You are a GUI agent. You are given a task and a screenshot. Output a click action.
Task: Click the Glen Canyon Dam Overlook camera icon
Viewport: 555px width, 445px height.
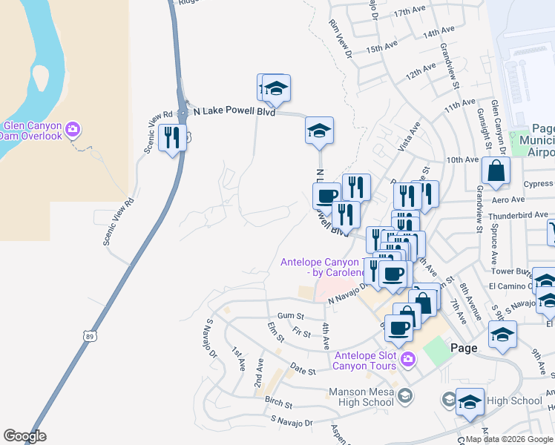coord(73,131)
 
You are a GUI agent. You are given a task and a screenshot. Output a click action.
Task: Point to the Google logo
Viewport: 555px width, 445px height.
coord(24,437)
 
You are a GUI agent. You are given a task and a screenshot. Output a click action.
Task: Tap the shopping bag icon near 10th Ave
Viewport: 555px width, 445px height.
coord(495,171)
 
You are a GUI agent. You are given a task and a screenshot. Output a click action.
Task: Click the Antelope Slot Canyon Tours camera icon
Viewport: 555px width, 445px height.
coord(407,360)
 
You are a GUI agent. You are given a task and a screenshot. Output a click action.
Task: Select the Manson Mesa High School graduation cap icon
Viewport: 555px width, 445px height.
coord(404,397)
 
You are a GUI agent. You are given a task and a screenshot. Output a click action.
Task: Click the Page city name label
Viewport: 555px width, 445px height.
coord(464,348)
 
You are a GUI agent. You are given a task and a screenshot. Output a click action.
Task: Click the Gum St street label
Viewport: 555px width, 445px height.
coord(286,316)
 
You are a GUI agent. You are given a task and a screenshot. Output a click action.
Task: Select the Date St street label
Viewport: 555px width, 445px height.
coord(303,369)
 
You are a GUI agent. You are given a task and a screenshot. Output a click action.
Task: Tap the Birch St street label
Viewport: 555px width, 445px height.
coord(278,406)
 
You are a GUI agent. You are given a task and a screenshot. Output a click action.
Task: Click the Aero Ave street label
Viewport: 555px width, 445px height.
coord(508,200)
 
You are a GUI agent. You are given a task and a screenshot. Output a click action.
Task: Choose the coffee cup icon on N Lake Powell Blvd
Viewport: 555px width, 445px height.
coord(326,196)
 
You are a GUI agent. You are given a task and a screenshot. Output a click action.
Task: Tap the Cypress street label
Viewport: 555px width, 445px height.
coord(538,184)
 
